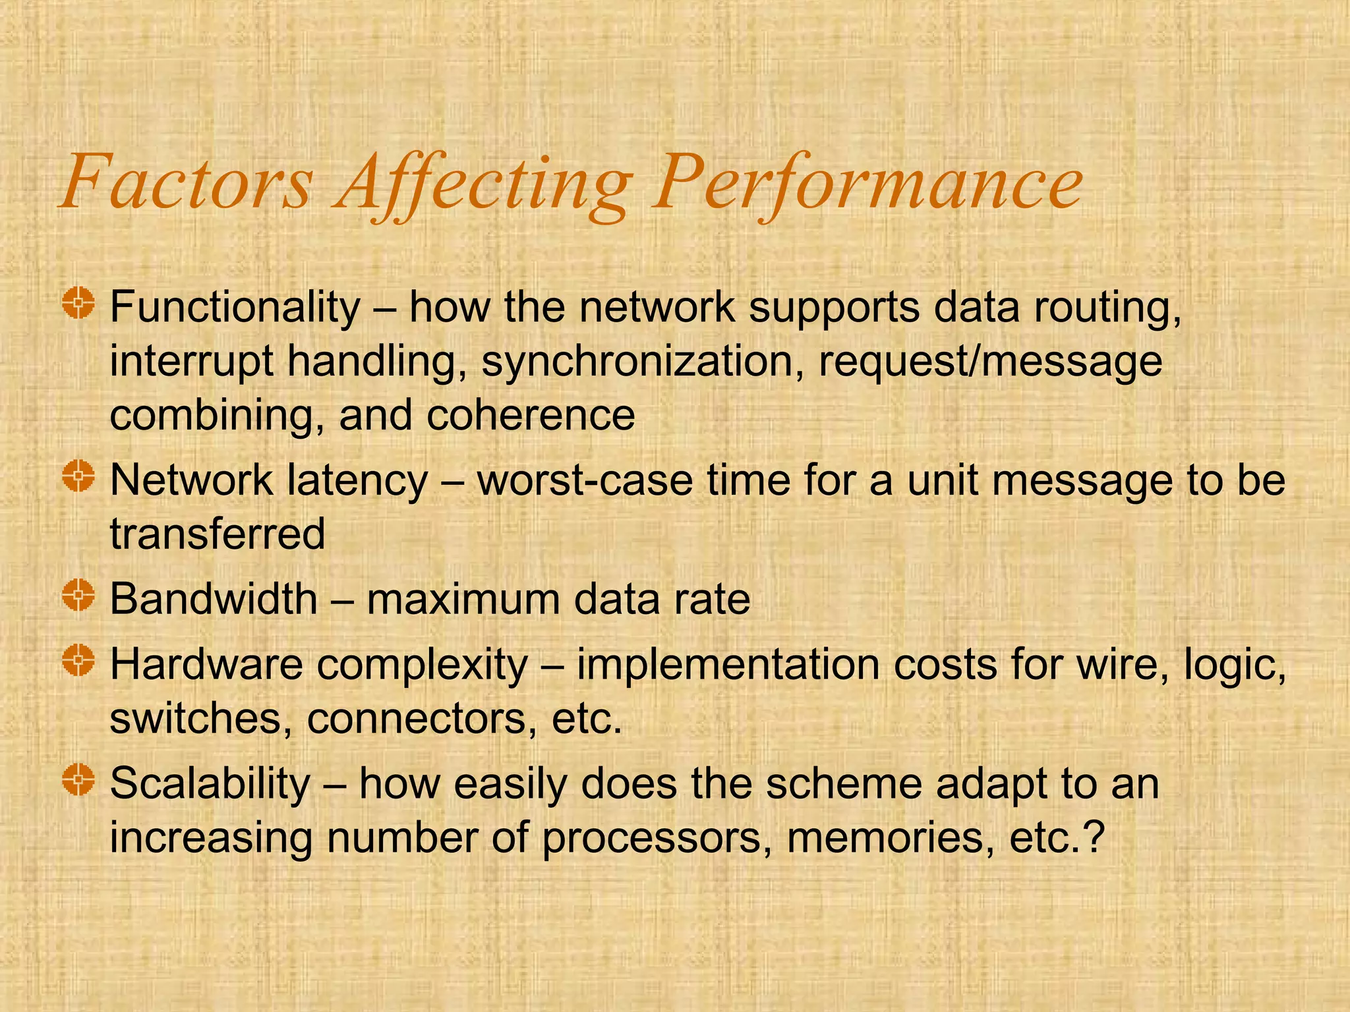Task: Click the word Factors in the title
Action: [187, 182]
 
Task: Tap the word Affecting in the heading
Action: [484, 184]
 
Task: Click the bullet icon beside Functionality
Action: [79, 304]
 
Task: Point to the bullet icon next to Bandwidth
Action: [79, 596]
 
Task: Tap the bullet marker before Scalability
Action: [79, 780]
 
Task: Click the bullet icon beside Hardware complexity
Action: [79, 661]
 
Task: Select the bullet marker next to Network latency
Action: [79, 477]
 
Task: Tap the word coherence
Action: [531, 415]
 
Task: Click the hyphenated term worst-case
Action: [585, 480]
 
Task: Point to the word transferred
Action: [218, 534]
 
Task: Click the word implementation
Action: [728, 665]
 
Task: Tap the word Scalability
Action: [210, 784]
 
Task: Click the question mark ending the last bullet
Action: [1094, 837]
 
